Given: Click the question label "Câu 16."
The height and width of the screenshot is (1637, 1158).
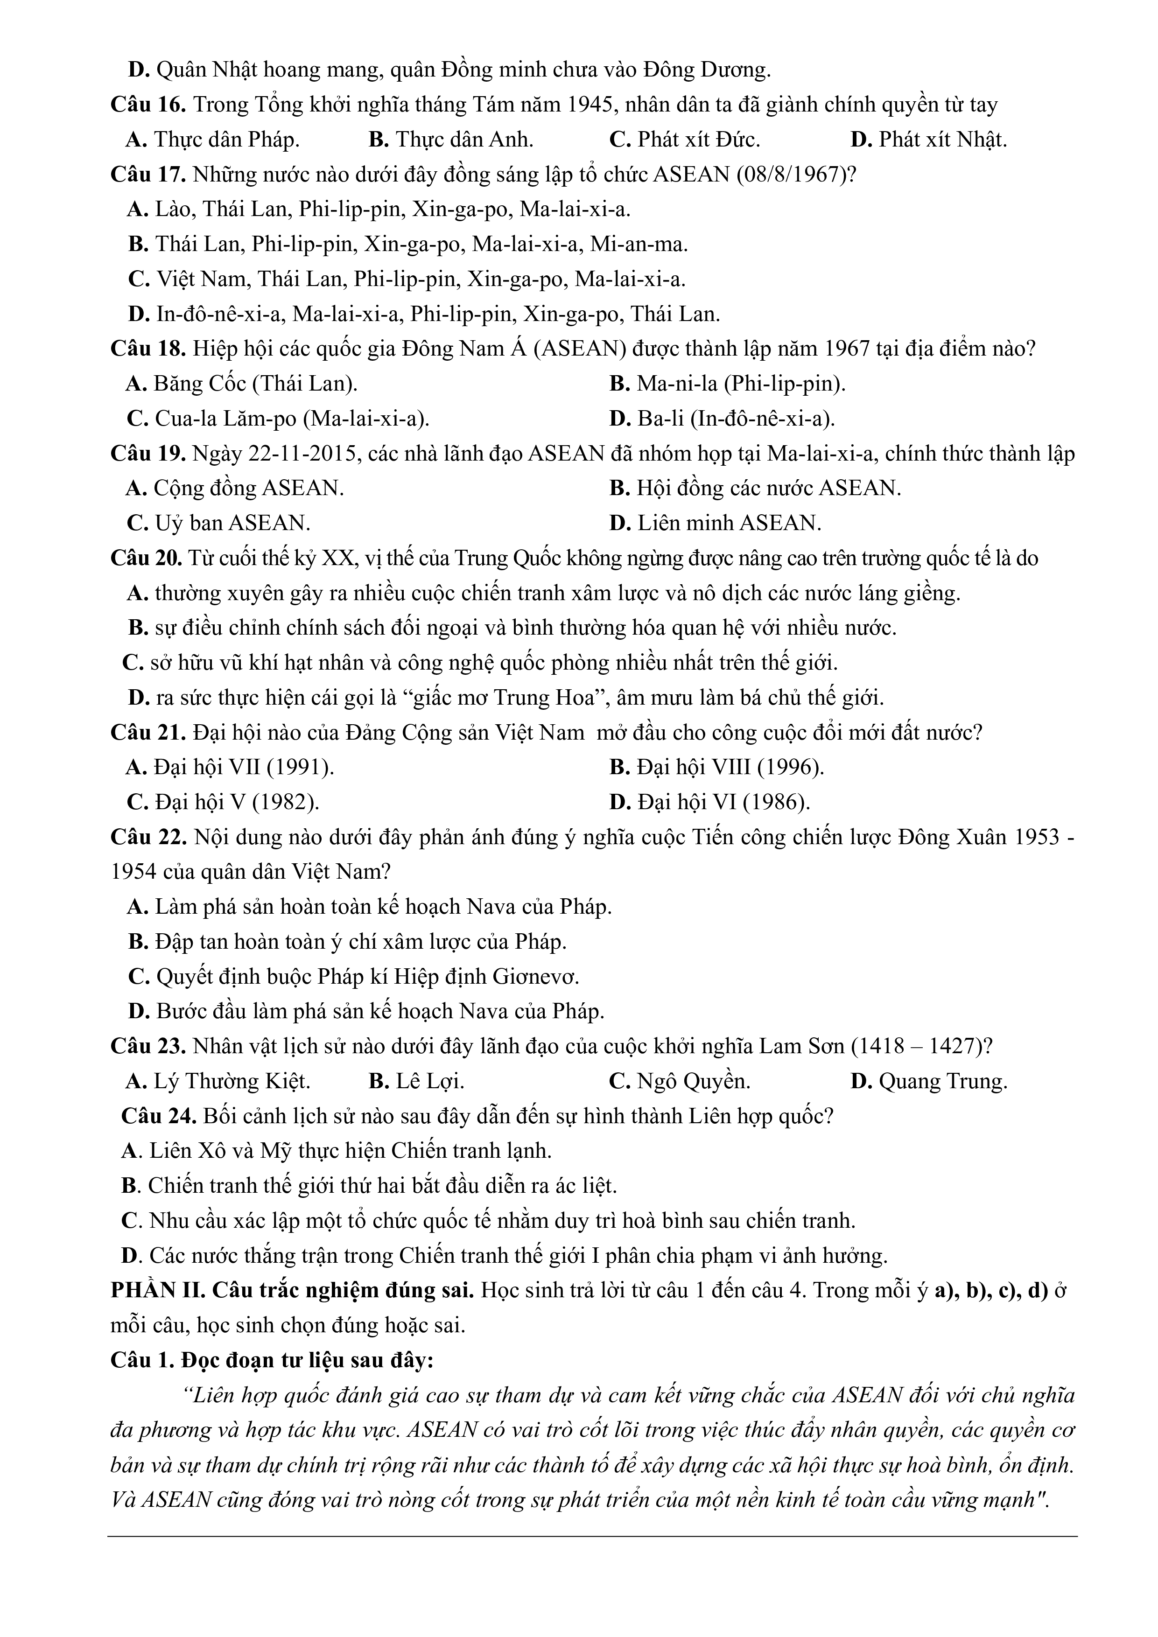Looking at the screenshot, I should point(147,105).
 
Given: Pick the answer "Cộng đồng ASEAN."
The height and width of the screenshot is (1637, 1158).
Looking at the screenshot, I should point(248,489).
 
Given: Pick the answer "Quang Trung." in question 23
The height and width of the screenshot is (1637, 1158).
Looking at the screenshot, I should point(943,1082).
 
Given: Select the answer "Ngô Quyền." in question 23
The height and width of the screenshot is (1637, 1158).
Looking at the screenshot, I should point(693,1082).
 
